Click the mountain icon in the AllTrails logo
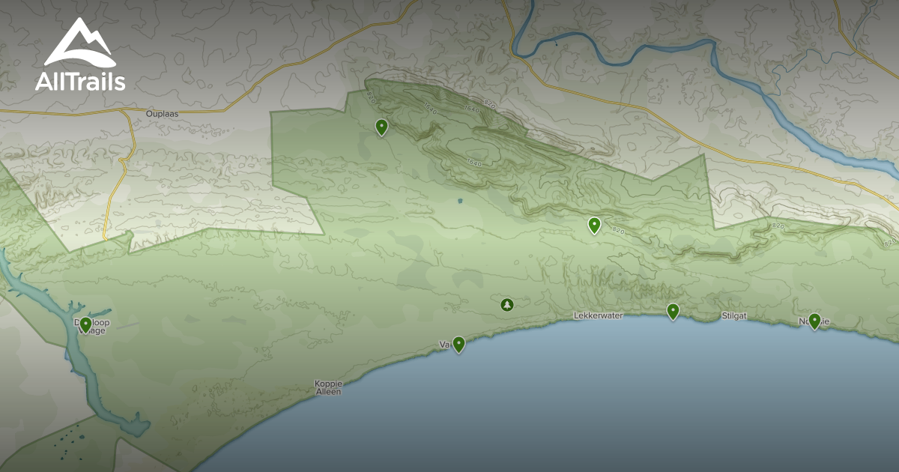[x=79, y=43]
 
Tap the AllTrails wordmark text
[x=80, y=82]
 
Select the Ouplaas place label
[x=163, y=115]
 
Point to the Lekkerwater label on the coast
[x=598, y=316]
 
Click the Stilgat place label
[x=734, y=316]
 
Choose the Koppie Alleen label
[x=328, y=387]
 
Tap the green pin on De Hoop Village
[x=85, y=324]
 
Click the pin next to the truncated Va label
[x=458, y=344]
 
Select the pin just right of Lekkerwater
[x=673, y=311]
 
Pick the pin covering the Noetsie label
[x=814, y=321]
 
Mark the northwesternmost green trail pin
[x=381, y=127]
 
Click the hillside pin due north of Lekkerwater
[x=594, y=225]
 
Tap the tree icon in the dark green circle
[x=507, y=305]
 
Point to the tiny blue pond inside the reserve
[x=460, y=201]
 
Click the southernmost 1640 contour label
[x=473, y=162]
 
